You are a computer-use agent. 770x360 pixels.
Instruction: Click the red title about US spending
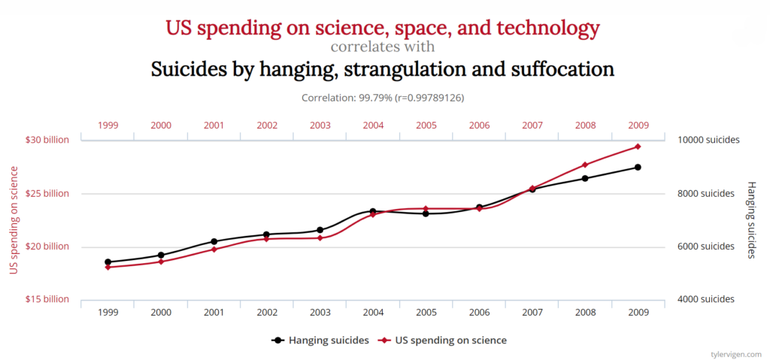point(383,29)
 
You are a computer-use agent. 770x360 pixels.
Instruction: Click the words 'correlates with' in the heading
point(383,47)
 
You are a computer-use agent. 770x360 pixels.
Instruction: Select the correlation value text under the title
point(383,98)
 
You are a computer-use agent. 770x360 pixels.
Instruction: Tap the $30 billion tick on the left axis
point(47,140)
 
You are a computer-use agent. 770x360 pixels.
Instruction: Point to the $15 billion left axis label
point(47,299)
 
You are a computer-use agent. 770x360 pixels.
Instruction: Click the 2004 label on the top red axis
point(373,125)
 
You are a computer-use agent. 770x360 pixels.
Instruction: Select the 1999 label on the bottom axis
point(108,312)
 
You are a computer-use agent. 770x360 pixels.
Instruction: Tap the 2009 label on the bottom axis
point(638,312)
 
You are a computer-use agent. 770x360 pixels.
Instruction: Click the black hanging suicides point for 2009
point(638,167)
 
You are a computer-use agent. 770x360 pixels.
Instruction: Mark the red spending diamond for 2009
point(638,147)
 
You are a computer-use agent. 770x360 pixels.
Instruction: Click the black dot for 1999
point(108,262)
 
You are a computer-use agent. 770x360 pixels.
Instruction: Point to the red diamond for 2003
point(320,238)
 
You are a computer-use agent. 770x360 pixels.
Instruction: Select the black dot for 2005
point(426,213)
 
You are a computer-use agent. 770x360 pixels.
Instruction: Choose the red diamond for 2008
point(584,165)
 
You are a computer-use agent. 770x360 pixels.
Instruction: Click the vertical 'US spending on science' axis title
point(13,220)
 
